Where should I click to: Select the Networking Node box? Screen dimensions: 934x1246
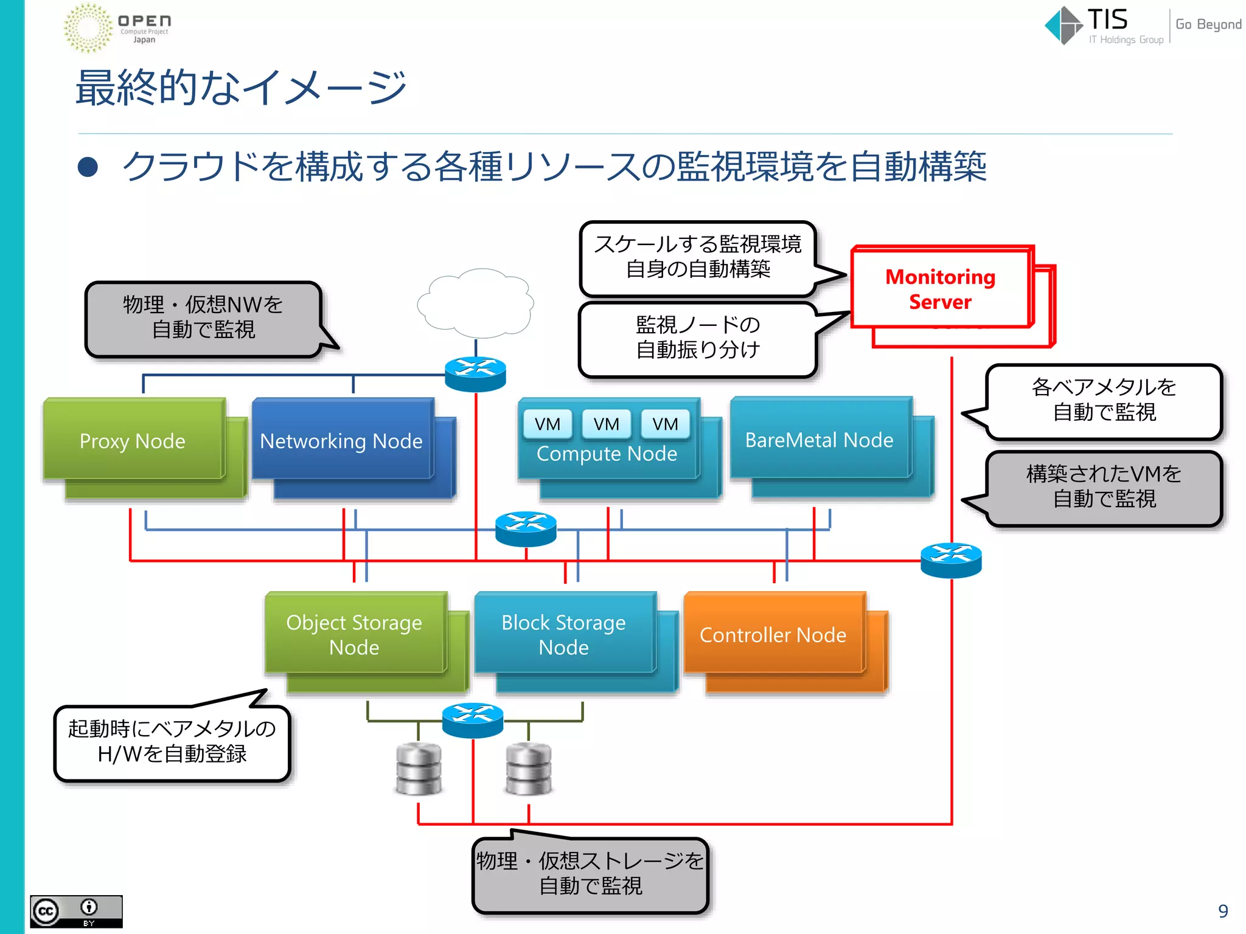tap(342, 440)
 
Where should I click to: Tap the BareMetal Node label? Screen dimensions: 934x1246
tap(819, 440)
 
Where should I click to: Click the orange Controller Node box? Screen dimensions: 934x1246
tap(773, 634)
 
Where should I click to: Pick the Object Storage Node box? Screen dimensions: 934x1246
tap(355, 634)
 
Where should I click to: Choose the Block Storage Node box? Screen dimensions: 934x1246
tap(564, 634)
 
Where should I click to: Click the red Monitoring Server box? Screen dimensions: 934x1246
tap(940, 289)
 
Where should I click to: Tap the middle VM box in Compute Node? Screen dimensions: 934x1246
tap(606, 424)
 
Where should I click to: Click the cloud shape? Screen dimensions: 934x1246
tap(476, 303)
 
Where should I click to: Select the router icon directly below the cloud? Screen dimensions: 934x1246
tap(475, 373)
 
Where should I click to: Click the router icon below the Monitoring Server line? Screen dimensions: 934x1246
tap(951, 559)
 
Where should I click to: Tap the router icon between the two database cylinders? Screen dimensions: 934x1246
tap(473, 720)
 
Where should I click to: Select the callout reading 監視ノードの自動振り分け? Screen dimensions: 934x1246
tap(698, 338)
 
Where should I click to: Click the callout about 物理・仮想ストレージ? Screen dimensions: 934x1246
tap(590, 874)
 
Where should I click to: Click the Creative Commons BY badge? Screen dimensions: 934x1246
tap(76, 911)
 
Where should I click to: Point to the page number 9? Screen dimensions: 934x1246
tap(1223, 911)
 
